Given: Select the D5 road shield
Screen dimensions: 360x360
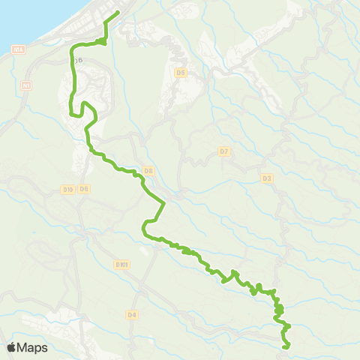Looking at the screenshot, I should point(180,73).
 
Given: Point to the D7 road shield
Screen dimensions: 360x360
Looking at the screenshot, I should point(223,152).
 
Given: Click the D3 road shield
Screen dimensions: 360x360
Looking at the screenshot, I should point(268,178).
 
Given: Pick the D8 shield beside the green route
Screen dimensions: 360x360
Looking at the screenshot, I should point(148,171).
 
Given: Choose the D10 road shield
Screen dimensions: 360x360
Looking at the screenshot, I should point(67,189).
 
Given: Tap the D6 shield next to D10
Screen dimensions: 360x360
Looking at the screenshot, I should point(84,189).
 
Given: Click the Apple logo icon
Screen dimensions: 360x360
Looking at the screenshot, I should point(12,347).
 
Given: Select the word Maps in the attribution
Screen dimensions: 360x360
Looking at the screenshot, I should point(33,347).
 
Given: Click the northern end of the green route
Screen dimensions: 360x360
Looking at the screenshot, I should point(118,13).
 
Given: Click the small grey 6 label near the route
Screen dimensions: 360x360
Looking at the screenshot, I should point(80,60).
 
